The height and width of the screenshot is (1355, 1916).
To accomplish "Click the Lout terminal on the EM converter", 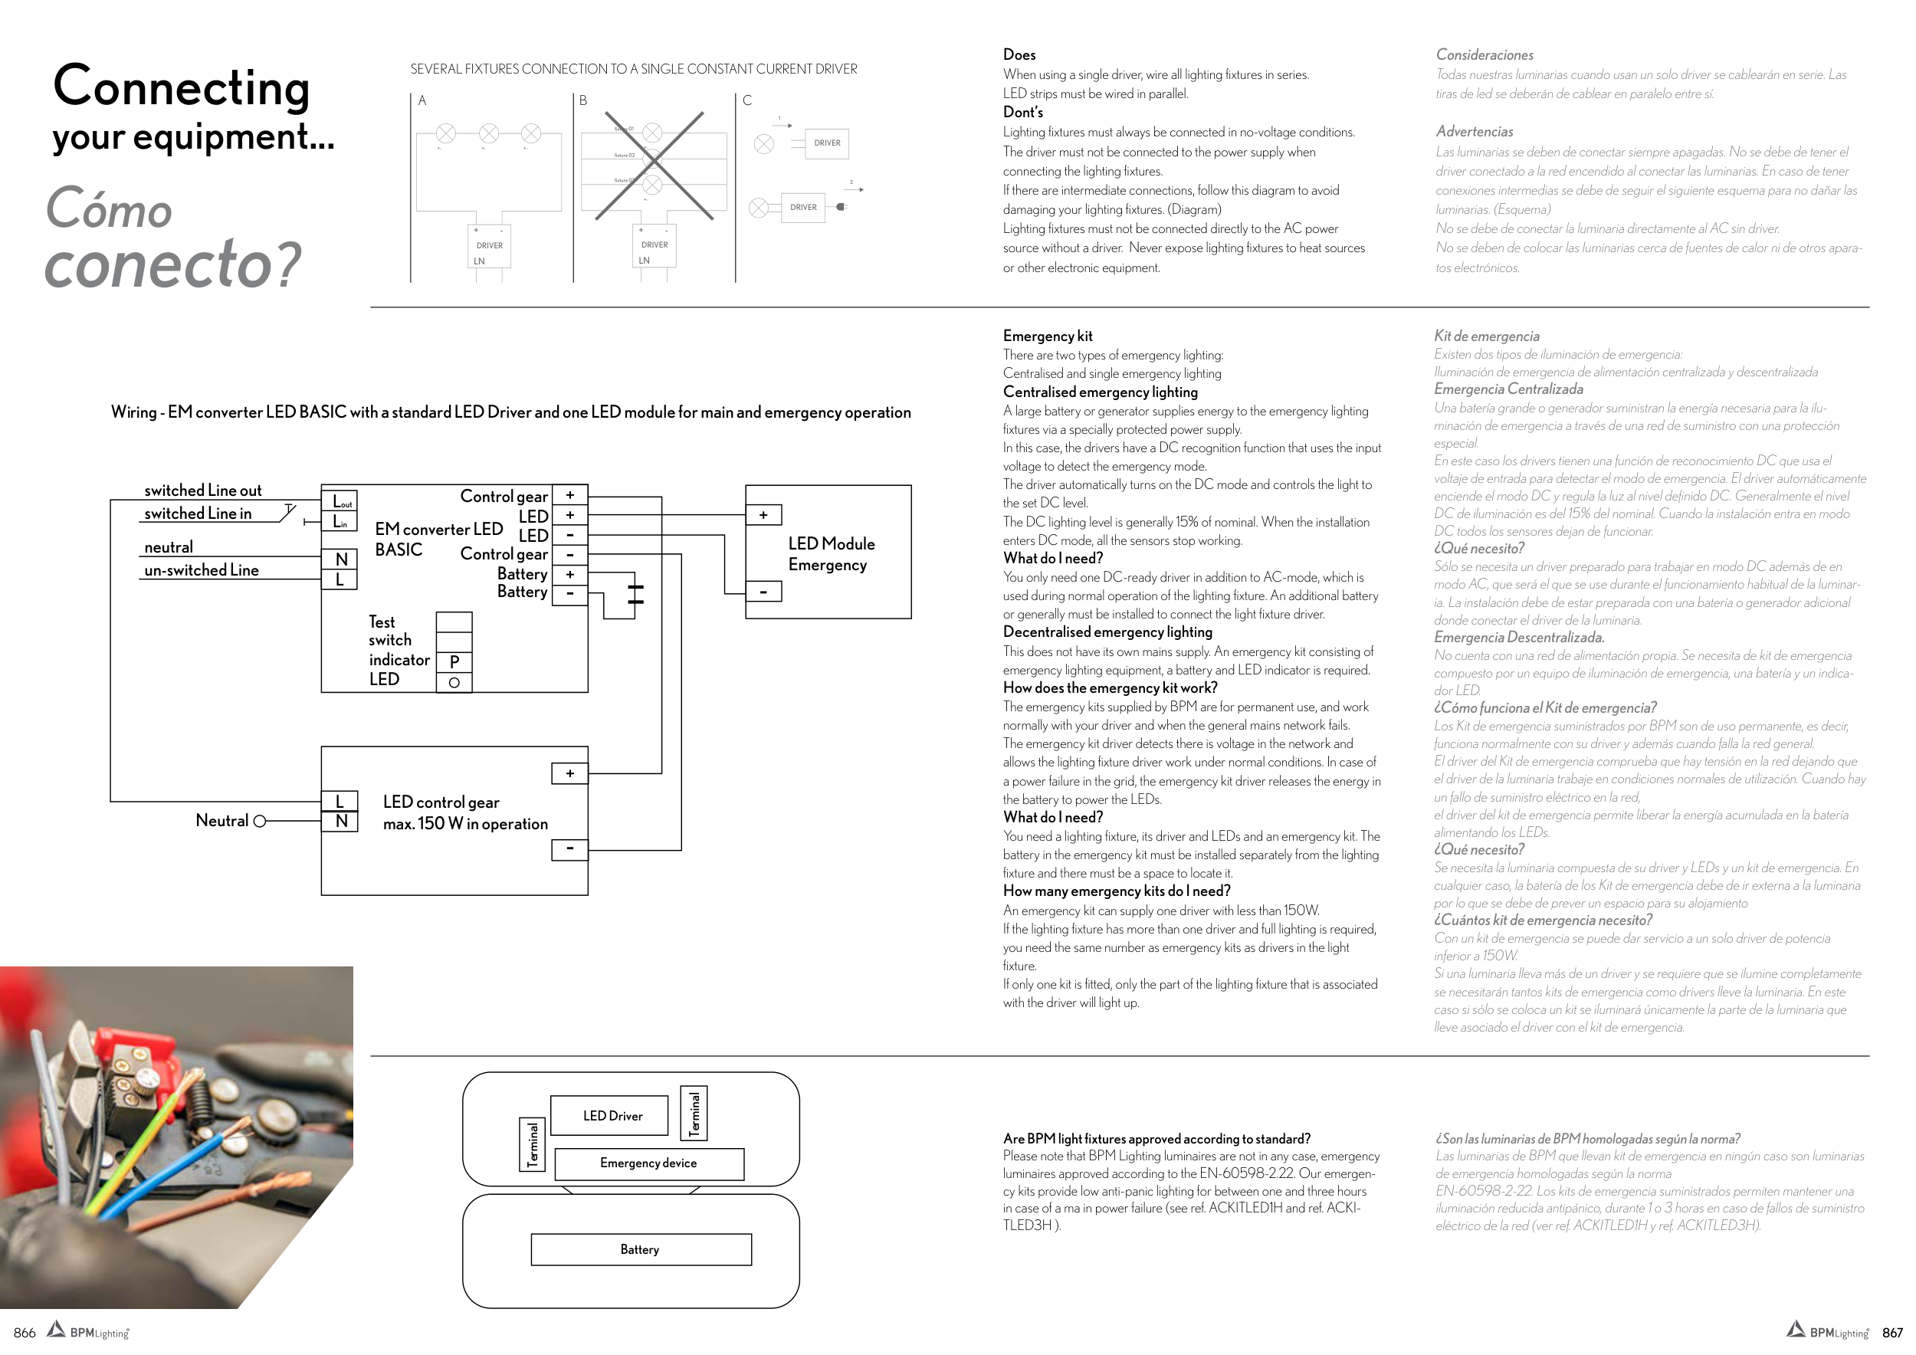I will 340,500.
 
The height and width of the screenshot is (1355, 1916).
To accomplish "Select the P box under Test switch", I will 454,661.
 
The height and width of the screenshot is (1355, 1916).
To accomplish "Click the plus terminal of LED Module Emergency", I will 763,516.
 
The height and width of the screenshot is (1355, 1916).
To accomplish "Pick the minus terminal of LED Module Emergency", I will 763,592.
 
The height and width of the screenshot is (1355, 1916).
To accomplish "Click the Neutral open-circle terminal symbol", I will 260,821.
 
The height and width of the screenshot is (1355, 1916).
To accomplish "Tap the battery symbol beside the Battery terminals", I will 635,594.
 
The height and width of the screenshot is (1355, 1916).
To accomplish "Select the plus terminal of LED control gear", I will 570,773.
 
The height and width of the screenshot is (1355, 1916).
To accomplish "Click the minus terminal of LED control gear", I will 570,849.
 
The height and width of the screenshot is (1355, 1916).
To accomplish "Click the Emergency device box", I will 648,1163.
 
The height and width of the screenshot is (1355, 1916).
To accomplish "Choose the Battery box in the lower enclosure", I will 641,1249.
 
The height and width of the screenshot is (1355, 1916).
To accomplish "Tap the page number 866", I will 25,1333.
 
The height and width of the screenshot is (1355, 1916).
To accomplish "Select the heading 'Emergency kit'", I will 1048,336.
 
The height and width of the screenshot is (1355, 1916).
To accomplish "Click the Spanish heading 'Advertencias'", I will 1474,132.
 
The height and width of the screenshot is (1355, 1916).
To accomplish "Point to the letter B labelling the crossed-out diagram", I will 583,101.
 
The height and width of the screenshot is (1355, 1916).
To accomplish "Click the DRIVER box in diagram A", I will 489,247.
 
